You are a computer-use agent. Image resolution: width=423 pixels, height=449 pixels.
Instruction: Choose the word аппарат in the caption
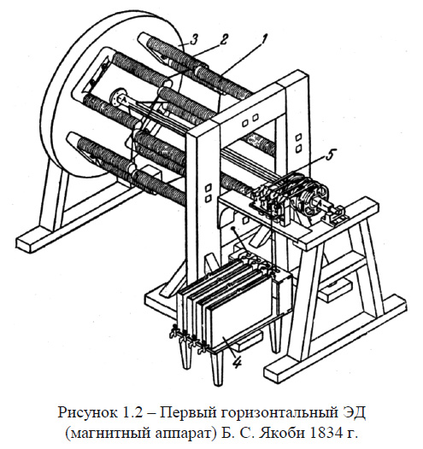[x=177, y=433]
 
